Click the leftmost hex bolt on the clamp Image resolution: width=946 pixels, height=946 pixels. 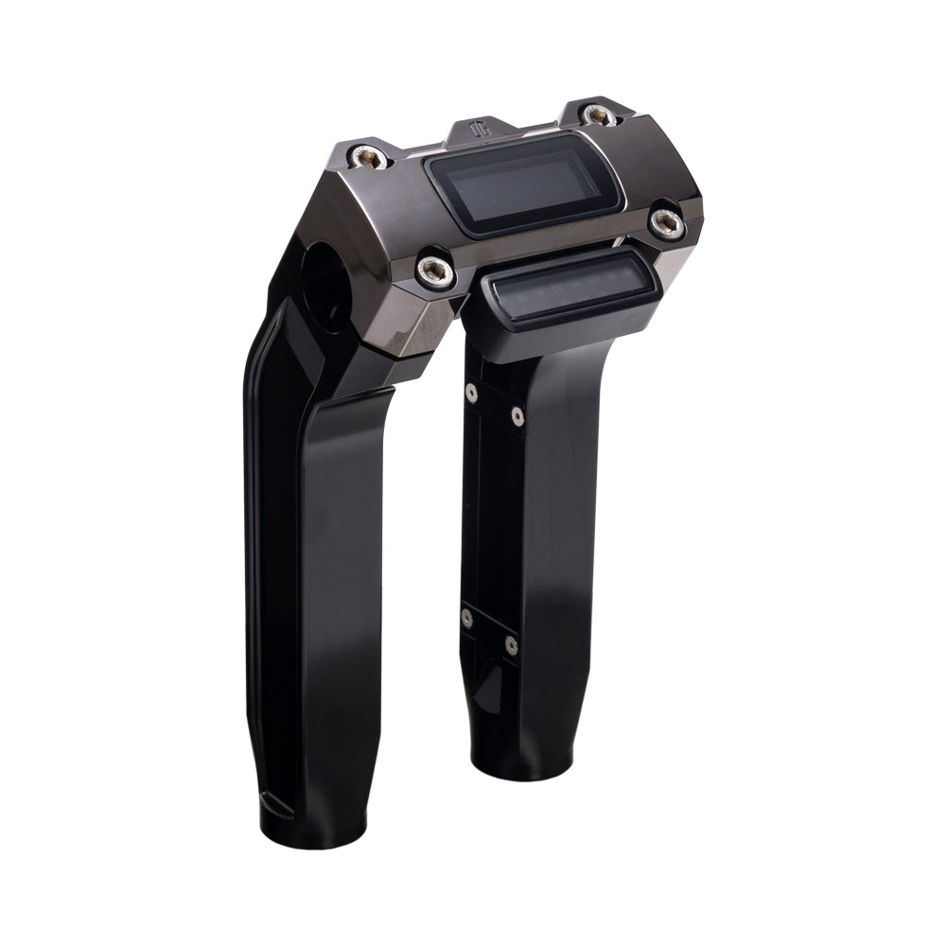(361, 155)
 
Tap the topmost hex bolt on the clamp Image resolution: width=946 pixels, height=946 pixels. (596, 114)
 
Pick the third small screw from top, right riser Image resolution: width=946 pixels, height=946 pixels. (466, 619)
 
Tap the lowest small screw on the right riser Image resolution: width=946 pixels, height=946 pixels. (512, 645)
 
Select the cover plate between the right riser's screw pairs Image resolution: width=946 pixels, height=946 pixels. (493, 516)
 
